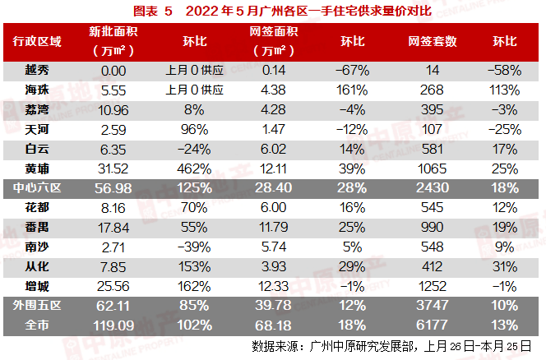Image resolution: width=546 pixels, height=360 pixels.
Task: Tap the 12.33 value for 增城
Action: coord(273,284)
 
